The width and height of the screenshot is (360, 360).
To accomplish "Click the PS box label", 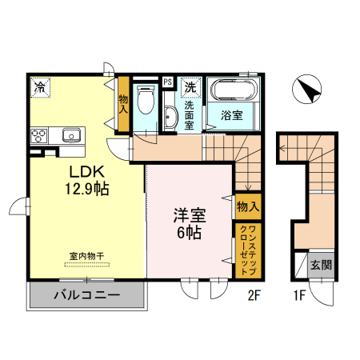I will pyautogui.click(x=167, y=82).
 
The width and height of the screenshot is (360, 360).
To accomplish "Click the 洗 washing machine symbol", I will pyautogui.click(x=190, y=85).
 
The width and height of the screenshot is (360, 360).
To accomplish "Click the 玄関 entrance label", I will pyautogui.click(x=321, y=263).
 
